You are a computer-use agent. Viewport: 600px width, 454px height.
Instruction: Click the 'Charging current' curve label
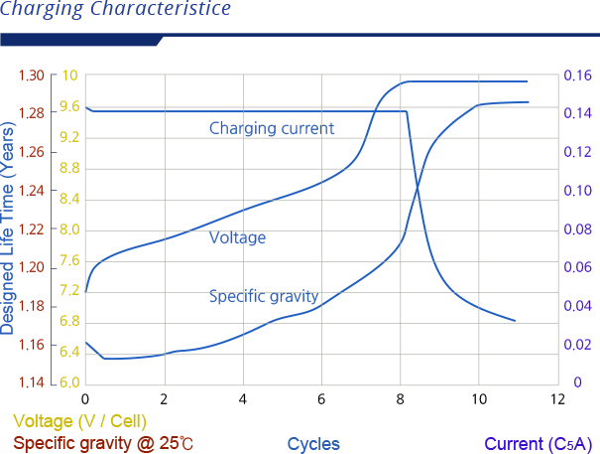(x=271, y=128)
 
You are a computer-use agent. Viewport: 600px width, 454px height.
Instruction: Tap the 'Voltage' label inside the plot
(x=237, y=237)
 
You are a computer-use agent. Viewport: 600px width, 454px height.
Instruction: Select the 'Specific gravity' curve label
(x=263, y=296)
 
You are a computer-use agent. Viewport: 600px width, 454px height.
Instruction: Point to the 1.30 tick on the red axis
(x=31, y=76)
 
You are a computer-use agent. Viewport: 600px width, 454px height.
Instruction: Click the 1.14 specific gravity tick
(x=31, y=382)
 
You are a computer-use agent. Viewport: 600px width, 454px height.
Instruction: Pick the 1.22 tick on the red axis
(x=31, y=229)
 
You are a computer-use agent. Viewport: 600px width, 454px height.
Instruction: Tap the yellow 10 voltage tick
(x=69, y=76)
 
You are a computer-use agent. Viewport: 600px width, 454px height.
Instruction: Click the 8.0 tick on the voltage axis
(x=69, y=229)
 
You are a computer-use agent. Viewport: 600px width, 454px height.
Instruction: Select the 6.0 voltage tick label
(x=69, y=382)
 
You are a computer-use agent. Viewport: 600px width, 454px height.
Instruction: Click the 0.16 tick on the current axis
(x=578, y=76)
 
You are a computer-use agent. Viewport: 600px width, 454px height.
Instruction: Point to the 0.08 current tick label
(x=578, y=229)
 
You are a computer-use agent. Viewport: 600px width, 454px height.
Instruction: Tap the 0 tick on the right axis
(x=577, y=382)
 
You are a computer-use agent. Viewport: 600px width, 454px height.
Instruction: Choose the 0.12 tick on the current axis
(x=578, y=152)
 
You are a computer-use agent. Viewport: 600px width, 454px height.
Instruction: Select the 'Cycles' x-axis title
(x=313, y=444)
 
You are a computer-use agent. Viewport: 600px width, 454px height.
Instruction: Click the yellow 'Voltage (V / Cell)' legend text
(x=80, y=421)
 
